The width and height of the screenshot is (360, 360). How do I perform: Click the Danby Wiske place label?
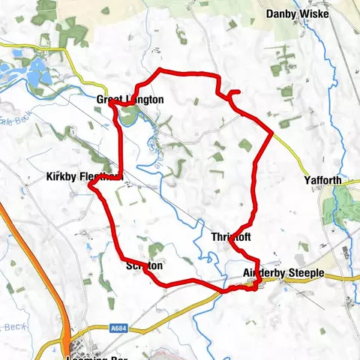pyautogui.click(x=299, y=13)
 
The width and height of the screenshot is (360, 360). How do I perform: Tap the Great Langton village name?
pyautogui.click(x=130, y=99)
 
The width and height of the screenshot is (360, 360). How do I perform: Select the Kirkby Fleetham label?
pyautogui.click(x=83, y=177)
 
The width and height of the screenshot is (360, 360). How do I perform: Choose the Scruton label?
pyautogui.click(x=144, y=265)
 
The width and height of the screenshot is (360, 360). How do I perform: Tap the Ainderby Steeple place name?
pyautogui.click(x=283, y=274)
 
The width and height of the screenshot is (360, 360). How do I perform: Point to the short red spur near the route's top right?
pyautogui.click(x=233, y=92)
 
